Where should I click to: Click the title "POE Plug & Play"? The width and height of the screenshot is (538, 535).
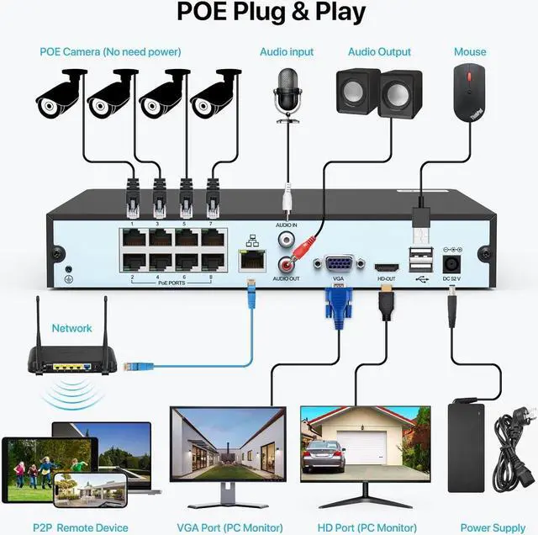pos(270,14)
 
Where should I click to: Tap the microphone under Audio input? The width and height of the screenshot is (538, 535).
pos(288,92)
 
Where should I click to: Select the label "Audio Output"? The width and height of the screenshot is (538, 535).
pos(380,52)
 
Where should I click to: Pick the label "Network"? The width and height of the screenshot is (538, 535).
pos(72,328)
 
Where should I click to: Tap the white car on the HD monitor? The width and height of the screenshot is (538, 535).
pos(323,455)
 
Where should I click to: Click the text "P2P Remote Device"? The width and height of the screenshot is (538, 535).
pos(81,527)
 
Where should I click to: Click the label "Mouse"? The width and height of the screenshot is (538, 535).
pos(470,52)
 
